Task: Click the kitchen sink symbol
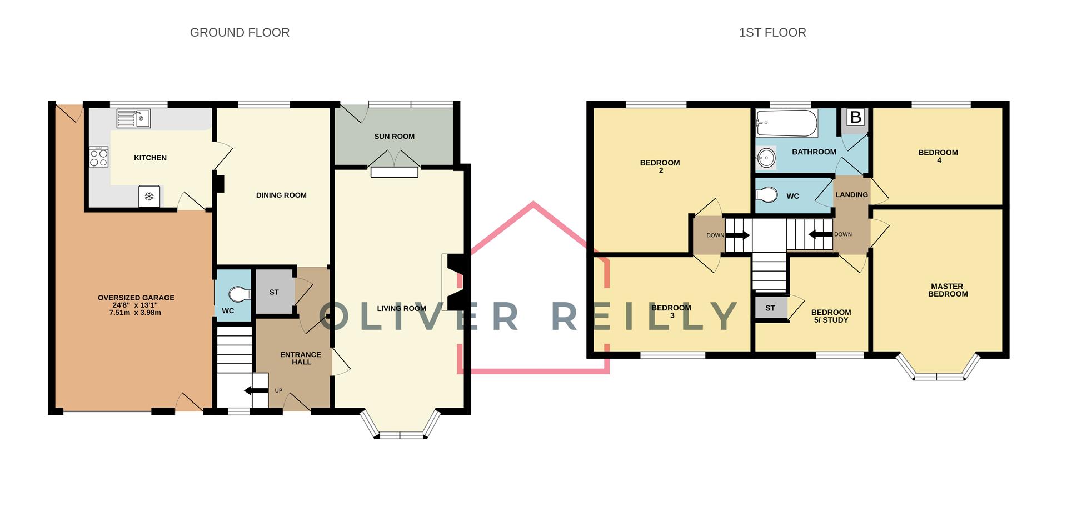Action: click(133, 118)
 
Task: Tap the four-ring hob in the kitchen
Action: click(99, 157)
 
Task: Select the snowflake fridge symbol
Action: click(149, 196)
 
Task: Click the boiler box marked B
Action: click(856, 117)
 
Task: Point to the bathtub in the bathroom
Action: click(786, 123)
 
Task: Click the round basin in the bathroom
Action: click(766, 158)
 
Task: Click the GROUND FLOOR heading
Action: click(240, 33)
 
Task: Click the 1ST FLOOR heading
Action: click(772, 33)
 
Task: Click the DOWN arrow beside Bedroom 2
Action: click(737, 235)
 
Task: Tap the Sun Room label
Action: click(394, 137)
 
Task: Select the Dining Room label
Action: click(281, 195)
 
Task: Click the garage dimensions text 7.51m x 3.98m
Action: click(136, 313)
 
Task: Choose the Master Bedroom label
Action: click(948, 290)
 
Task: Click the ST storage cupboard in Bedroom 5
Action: click(770, 308)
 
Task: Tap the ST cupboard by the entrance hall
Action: click(274, 292)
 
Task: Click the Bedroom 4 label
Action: click(938, 156)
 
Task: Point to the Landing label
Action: click(851, 195)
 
